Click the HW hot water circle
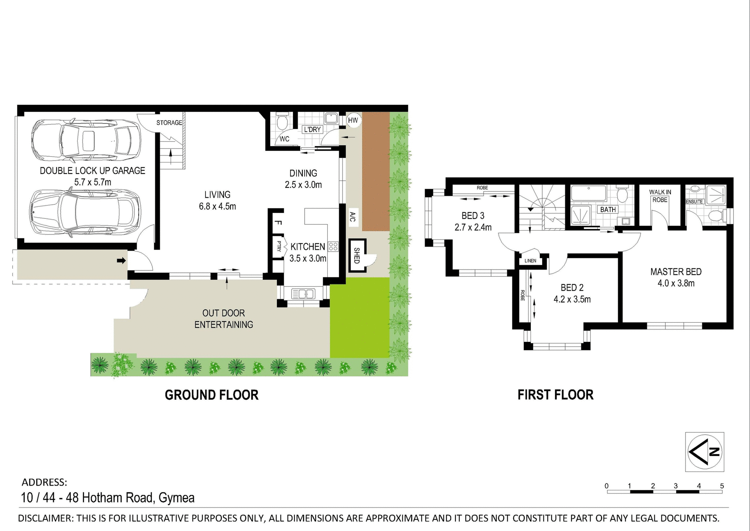[353, 120]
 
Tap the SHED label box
[357, 256]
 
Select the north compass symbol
[705, 452]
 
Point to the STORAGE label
[169, 123]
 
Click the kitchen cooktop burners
[333, 246]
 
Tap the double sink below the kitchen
[303, 293]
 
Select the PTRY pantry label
[279, 246]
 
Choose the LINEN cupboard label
[530, 261]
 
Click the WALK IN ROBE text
[660, 196]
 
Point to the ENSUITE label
[694, 202]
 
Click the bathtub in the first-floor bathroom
[589, 193]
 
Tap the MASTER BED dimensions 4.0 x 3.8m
[676, 283]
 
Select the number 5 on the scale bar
[721, 486]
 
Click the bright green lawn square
[359, 317]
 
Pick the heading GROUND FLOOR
[211, 395]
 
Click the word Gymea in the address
[177, 498]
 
